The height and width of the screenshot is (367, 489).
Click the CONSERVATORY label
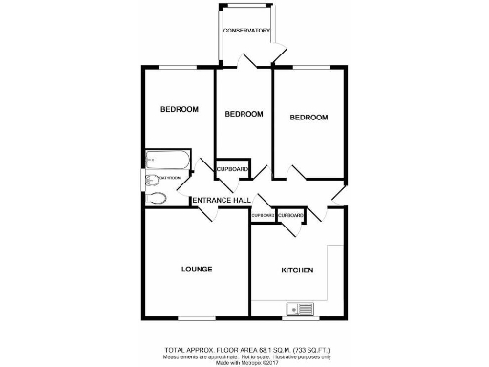[246, 31]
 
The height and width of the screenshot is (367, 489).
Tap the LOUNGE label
[196, 269]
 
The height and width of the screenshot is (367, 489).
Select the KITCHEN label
[297, 270]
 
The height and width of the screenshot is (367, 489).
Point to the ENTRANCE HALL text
[222, 200]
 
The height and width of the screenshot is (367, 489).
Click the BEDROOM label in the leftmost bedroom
[179, 109]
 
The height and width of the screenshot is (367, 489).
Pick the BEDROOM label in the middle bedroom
[244, 114]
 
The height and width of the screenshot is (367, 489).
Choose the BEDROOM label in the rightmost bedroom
[308, 118]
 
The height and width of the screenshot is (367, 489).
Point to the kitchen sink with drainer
[299, 309]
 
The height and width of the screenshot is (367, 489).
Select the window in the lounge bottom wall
[196, 318]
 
